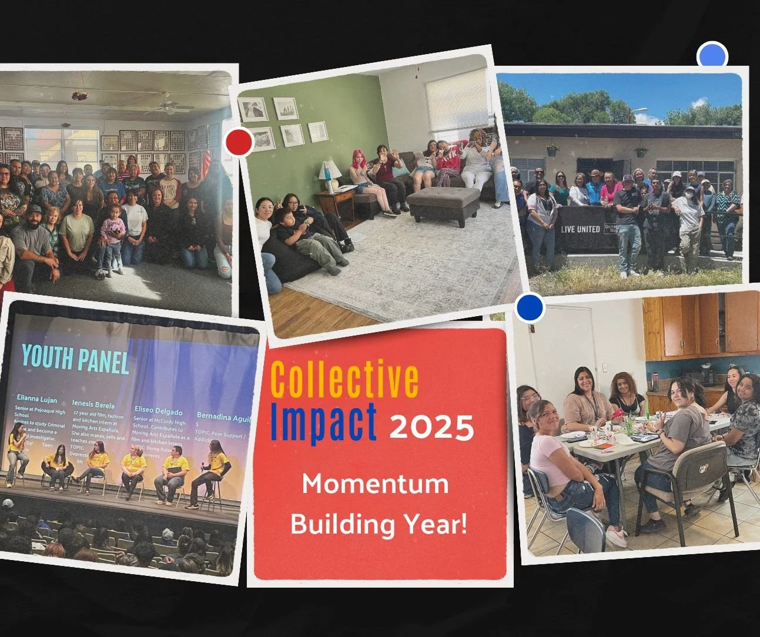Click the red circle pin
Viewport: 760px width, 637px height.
tap(239, 142)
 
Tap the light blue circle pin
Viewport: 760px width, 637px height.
tap(712, 57)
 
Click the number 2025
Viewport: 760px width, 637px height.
tap(431, 427)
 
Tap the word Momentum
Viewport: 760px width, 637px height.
tap(375, 484)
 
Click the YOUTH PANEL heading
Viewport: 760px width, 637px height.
tap(75, 358)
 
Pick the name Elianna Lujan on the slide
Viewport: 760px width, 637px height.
tap(37, 398)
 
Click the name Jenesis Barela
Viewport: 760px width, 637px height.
tap(93, 404)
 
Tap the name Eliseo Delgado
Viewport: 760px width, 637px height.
tap(158, 410)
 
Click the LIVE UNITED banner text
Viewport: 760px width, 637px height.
tap(580, 229)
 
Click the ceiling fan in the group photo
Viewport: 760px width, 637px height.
tap(169, 106)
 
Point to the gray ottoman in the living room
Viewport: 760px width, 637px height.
tap(443, 203)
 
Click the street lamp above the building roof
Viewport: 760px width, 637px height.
tap(640, 110)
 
